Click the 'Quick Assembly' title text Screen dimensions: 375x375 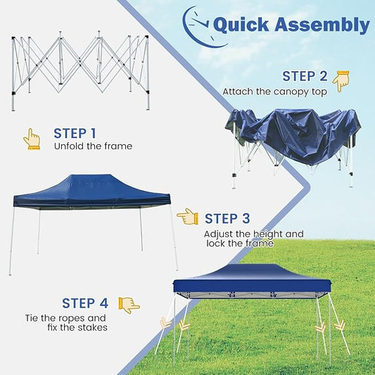[291, 25]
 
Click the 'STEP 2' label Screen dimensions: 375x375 [305, 76]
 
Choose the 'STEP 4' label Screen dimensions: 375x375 [84, 303]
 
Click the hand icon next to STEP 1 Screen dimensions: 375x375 [32, 139]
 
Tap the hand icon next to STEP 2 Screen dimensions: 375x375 [341, 81]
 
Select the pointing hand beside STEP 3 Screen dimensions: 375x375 [187, 217]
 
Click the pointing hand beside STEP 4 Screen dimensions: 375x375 [129, 305]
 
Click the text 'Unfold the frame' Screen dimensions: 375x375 [93, 146]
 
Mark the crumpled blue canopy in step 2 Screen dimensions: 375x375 [295, 134]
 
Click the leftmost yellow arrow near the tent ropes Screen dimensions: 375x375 [166, 323]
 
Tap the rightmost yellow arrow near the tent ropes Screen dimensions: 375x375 [339, 325]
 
